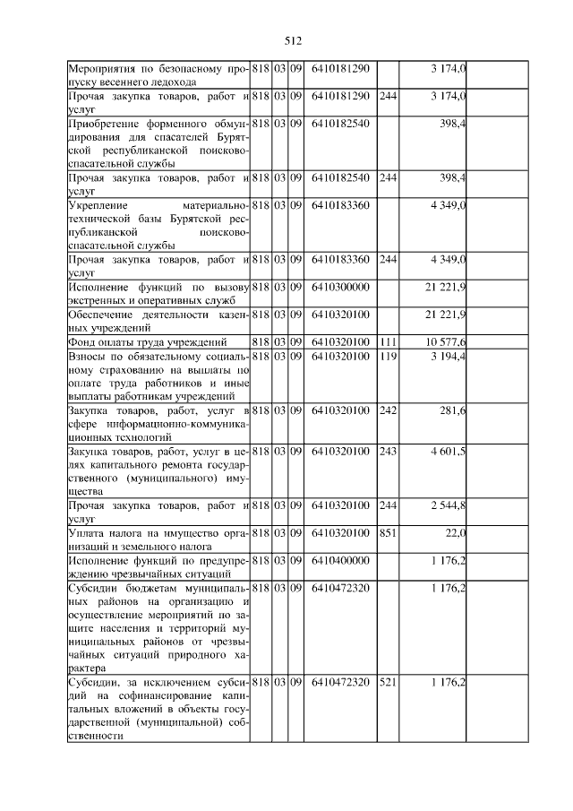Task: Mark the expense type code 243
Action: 388,452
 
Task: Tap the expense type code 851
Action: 388,533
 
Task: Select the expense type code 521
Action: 388,683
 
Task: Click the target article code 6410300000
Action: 341,287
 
